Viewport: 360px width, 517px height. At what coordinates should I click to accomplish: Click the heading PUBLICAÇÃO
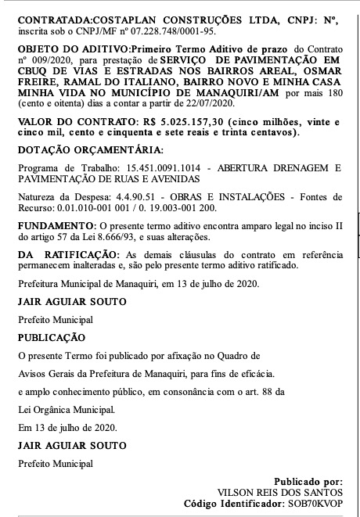coord(51,337)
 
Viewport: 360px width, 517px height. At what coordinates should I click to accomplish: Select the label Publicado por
coord(308,481)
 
